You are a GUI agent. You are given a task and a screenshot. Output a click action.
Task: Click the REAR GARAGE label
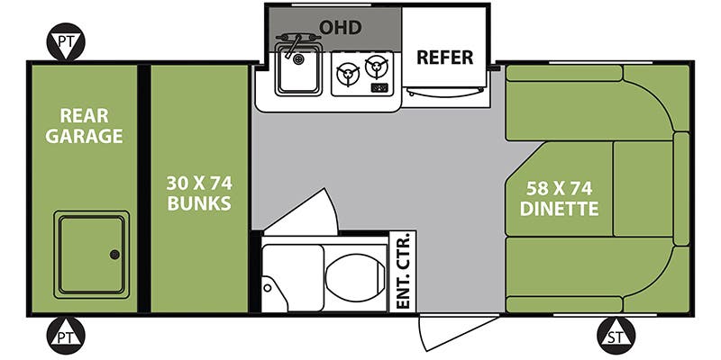tap(91, 125)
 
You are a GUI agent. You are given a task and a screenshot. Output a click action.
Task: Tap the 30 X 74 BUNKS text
tap(198, 191)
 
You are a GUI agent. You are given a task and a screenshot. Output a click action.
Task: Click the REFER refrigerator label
tap(444, 58)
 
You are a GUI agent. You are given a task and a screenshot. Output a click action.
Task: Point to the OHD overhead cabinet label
tap(341, 28)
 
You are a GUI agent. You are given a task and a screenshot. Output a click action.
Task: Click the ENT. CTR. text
tap(403, 271)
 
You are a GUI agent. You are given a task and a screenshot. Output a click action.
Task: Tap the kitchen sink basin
tap(299, 73)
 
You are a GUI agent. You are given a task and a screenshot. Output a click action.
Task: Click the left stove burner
tap(348, 73)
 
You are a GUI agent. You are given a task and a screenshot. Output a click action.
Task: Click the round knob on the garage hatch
tap(114, 255)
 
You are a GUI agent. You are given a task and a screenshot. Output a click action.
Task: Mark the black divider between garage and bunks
tap(142, 188)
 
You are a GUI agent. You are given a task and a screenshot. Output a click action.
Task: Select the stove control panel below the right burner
tap(380, 88)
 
